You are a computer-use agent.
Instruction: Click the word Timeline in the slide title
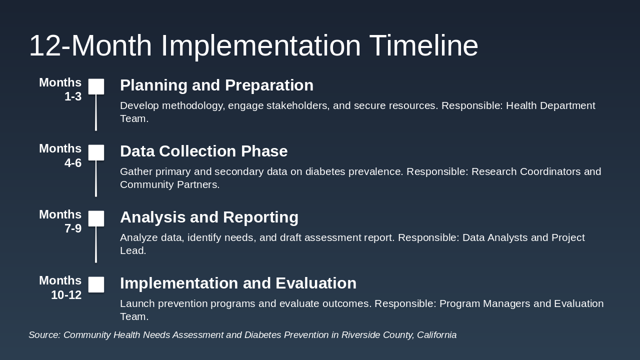click(x=423, y=45)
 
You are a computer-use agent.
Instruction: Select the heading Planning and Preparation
click(x=216, y=85)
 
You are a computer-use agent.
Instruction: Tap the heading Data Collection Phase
click(x=203, y=151)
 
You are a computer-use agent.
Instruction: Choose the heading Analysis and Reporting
click(x=209, y=217)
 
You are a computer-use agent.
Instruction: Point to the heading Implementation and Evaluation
click(x=238, y=283)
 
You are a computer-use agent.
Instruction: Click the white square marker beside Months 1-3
click(x=96, y=86)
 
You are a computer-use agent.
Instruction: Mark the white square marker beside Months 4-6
click(x=96, y=152)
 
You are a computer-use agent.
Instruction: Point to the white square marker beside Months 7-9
click(x=96, y=218)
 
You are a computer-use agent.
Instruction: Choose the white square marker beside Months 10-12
click(x=96, y=284)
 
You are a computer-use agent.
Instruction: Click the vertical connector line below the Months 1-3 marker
click(x=96, y=112)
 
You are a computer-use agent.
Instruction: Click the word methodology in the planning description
click(x=193, y=106)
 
